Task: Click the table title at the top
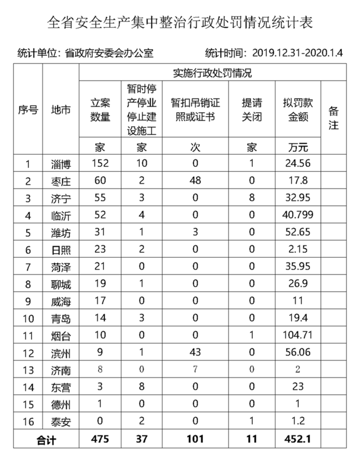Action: (180, 21)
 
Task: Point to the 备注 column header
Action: (333, 117)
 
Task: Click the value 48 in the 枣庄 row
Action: (195, 181)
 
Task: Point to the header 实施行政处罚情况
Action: (212, 73)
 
